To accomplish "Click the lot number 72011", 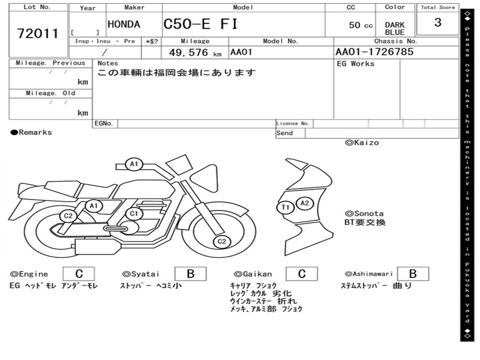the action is click(x=38, y=34).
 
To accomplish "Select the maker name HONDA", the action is click(x=124, y=25).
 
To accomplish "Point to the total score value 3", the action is click(x=438, y=22).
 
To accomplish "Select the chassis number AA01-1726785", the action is click(x=375, y=52).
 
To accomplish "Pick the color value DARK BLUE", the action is click(x=395, y=29).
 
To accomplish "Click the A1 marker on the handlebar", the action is click(x=134, y=164).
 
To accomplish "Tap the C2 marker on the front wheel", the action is click(x=222, y=241).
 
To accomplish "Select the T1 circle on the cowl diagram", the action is click(x=285, y=207).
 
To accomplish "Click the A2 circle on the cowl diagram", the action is click(x=305, y=203).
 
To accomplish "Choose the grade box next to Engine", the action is click(x=79, y=274).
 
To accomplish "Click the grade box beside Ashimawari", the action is click(x=412, y=274).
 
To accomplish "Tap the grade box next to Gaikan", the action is click(x=302, y=274).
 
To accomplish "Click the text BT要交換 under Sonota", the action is click(x=365, y=222).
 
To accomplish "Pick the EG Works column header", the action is click(x=356, y=64).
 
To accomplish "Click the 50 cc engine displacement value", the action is click(x=360, y=25).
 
